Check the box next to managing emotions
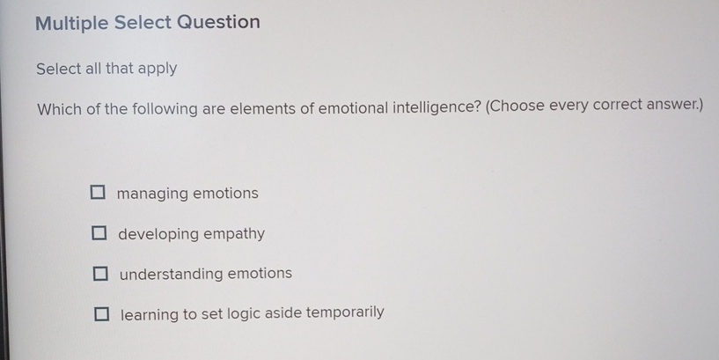click(97, 193)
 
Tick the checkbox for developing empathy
click(99, 234)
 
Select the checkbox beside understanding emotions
click(101, 274)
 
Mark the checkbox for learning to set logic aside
click(103, 313)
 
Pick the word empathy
click(234, 235)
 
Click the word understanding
click(171, 274)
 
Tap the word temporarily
click(345, 312)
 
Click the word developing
click(159, 235)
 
